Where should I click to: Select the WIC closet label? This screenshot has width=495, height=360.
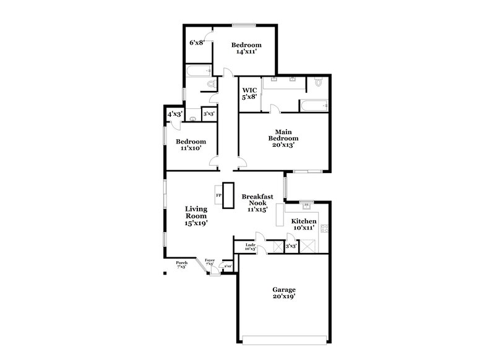point(250,90)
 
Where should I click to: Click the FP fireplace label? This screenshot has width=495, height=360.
point(218,195)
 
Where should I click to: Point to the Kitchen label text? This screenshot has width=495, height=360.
point(304,221)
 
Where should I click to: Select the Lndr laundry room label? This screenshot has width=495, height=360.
point(250,245)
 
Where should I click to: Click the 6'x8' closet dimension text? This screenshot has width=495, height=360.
point(197,43)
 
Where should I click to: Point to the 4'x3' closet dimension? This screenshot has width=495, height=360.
point(174,114)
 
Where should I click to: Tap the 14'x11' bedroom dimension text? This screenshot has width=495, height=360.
point(246,52)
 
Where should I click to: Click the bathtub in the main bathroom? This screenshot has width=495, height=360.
point(312,105)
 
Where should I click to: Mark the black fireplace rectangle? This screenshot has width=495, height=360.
point(228,194)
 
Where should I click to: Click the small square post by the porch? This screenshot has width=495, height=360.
point(165,272)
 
